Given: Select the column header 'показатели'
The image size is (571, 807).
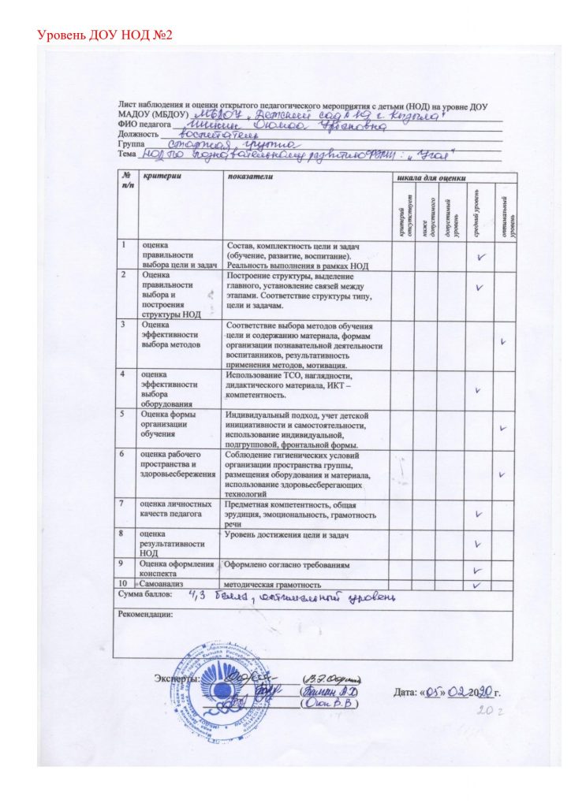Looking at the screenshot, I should (x=249, y=178).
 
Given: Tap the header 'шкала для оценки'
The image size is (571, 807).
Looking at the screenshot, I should (x=436, y=178).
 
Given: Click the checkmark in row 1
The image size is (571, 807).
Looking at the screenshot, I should (x=480, y=256).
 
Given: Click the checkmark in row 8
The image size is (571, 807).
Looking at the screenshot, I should (x=478, y=544).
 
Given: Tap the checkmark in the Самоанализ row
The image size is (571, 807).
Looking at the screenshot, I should (x=476, y=584).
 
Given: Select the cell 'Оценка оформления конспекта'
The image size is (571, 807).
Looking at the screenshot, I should (x=176, y=568).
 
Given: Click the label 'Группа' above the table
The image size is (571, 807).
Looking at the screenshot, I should (x=131, y=145).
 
